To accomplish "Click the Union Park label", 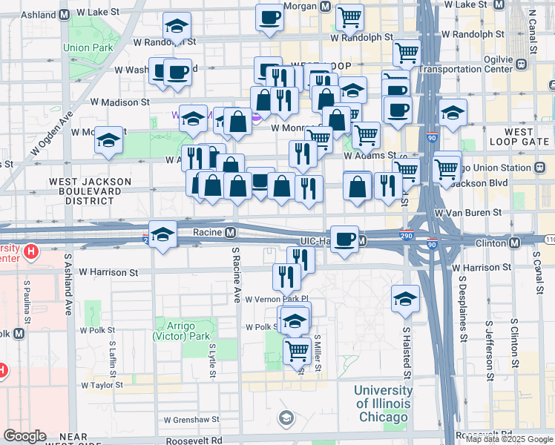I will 87,47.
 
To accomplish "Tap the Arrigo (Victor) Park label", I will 186,330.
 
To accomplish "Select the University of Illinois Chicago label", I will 383,403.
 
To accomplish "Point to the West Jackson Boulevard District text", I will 90,191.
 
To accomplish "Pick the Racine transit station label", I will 208,231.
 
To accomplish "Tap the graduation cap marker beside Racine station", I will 162,234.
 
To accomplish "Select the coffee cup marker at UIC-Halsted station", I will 344,239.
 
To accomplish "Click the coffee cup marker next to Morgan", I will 269,17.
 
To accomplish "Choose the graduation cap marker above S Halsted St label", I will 405,298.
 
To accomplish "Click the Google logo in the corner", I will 25,436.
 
